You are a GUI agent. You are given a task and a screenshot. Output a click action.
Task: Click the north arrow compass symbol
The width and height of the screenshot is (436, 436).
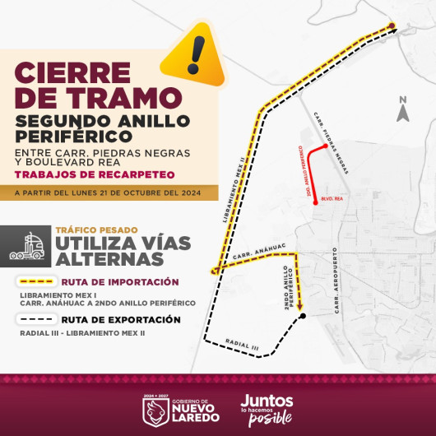[x=402, y=110]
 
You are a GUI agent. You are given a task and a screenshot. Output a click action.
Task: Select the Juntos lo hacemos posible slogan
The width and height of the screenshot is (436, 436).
[x=267, y=409]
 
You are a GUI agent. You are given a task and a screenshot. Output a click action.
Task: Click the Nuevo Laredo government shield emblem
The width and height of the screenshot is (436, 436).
[x=156, y=410]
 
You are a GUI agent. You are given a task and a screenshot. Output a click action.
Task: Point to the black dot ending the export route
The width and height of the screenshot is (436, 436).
[x=303, y=316]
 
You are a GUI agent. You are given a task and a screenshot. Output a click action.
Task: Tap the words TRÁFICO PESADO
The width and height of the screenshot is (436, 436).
[x=95, y=230]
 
